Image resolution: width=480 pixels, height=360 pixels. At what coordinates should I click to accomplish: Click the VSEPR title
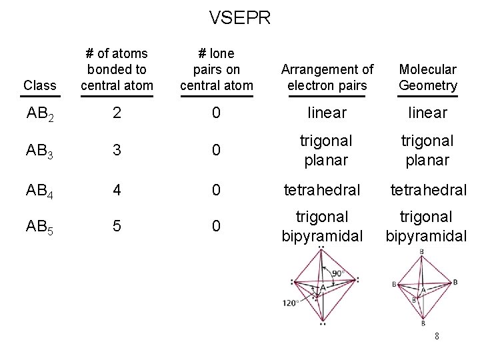pyautogui.click(x=240, y=17)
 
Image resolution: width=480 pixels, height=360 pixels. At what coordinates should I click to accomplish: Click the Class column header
pyautogui.click(x=40, y=85)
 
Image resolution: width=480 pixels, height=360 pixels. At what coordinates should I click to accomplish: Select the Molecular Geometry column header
pyautogui.click(x=428, y=77)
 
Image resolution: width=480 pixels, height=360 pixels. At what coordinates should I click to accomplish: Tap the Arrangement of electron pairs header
pyautogui.click(x=327, y=77)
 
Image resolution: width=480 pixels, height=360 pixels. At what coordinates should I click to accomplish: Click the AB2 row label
pyautogui.click(x=40, y=114)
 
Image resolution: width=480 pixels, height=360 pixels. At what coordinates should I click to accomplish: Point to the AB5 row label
pyautogui.click(x=40, y=227)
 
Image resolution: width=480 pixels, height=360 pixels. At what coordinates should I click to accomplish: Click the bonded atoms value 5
pyautogui.click(x=117, y=227)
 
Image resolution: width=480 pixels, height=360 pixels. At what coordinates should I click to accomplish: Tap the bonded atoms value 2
pyautogui.click(x=117, y=113)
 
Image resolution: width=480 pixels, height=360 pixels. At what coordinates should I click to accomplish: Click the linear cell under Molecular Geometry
pyautogui.click(x=428, y=113)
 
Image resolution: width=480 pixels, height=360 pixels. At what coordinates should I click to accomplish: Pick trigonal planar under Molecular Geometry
pyautogui.click(x=428, y=150)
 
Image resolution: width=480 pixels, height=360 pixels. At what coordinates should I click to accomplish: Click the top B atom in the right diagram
pyautogui.click(x=422, y=251)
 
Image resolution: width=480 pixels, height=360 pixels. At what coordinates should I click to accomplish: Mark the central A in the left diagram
pyautogui.click(x=323, y=287)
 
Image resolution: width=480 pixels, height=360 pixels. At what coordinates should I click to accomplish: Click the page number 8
pyautogui.click(x=437, y=337)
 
